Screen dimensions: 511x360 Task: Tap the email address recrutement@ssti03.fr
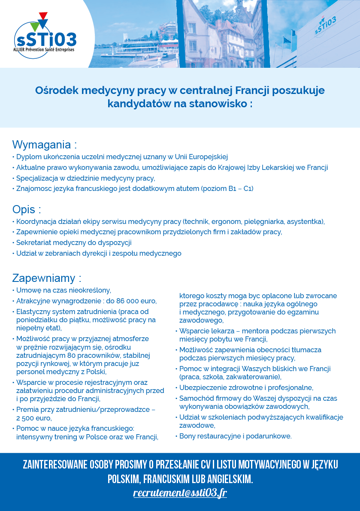tap(180, 493)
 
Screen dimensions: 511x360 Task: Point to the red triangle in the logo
tap(43, 16)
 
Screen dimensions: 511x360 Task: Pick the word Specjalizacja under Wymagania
tap(36, 178)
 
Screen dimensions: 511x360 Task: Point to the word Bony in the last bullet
tap(188, 436)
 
